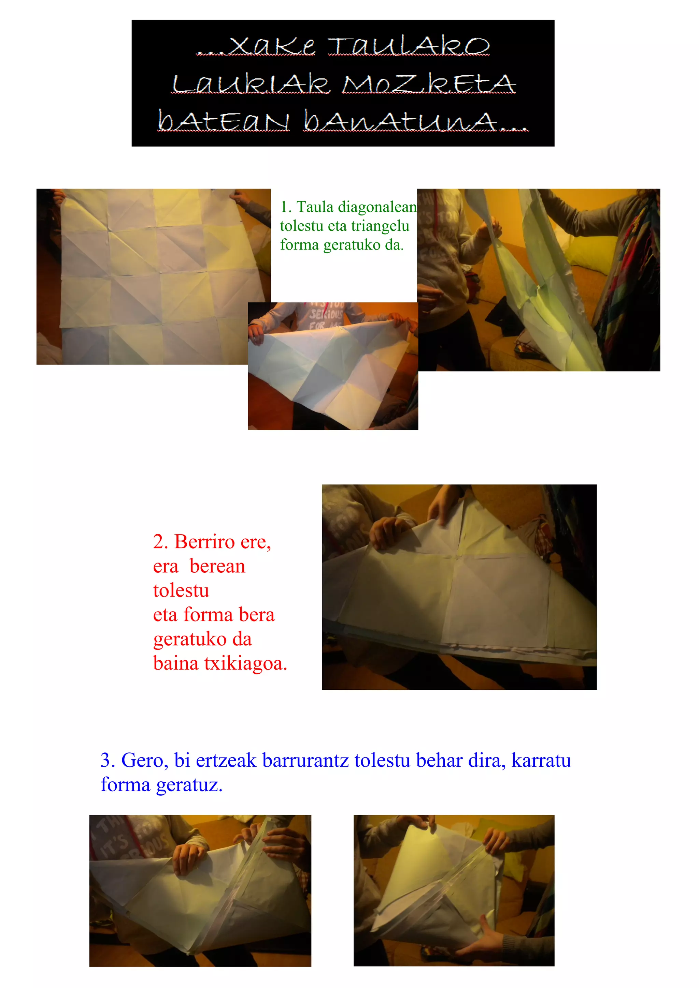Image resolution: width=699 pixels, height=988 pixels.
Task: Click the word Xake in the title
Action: [x=272, y=46]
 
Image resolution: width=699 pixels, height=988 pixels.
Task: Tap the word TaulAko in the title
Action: [x=408, y=46]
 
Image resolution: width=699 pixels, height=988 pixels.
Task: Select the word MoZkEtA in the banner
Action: [x=429, y=84]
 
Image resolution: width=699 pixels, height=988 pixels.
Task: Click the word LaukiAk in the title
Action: [x=251, y=84]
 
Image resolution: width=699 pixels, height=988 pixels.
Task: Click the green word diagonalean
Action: [x=377, y=207]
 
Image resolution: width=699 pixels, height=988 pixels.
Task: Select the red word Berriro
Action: [x=204, y=542]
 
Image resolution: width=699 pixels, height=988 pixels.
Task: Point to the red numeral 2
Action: [x=160, y=542]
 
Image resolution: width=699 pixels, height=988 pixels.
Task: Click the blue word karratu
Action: [x=541, y=760]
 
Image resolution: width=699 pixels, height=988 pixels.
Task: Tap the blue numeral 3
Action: [x=107, y=760]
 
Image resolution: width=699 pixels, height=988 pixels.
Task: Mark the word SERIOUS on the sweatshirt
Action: [x=326, y=314]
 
